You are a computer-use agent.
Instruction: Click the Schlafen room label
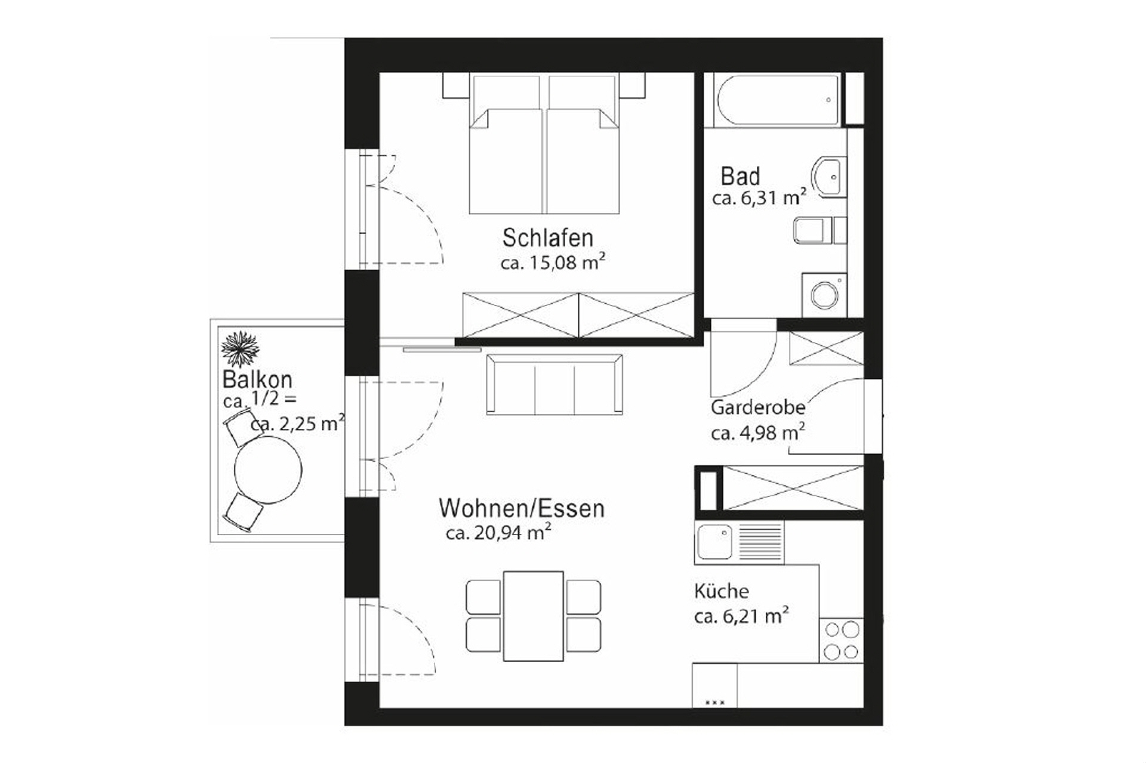click(547, 238)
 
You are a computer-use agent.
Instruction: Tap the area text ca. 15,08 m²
click(553, 262)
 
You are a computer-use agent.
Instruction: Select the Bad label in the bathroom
click(740, 177)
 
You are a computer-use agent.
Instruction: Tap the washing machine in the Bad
click(824, 295)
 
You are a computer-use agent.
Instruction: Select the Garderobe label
click(757, 408)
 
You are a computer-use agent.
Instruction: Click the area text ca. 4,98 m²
click(757, 433)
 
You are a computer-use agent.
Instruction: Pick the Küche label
click(721, 591)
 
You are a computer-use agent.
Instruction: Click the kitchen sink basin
click(714, 541)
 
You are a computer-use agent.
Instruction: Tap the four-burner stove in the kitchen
click(841, 640)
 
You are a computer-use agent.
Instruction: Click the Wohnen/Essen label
click(521, 509)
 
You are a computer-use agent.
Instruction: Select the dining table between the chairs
click(534, 616)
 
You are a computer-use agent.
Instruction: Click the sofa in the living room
click(554, 385)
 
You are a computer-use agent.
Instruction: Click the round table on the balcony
click(268, 469)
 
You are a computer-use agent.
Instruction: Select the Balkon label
click(257, 379)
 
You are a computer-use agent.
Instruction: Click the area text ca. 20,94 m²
click(498, 533)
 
